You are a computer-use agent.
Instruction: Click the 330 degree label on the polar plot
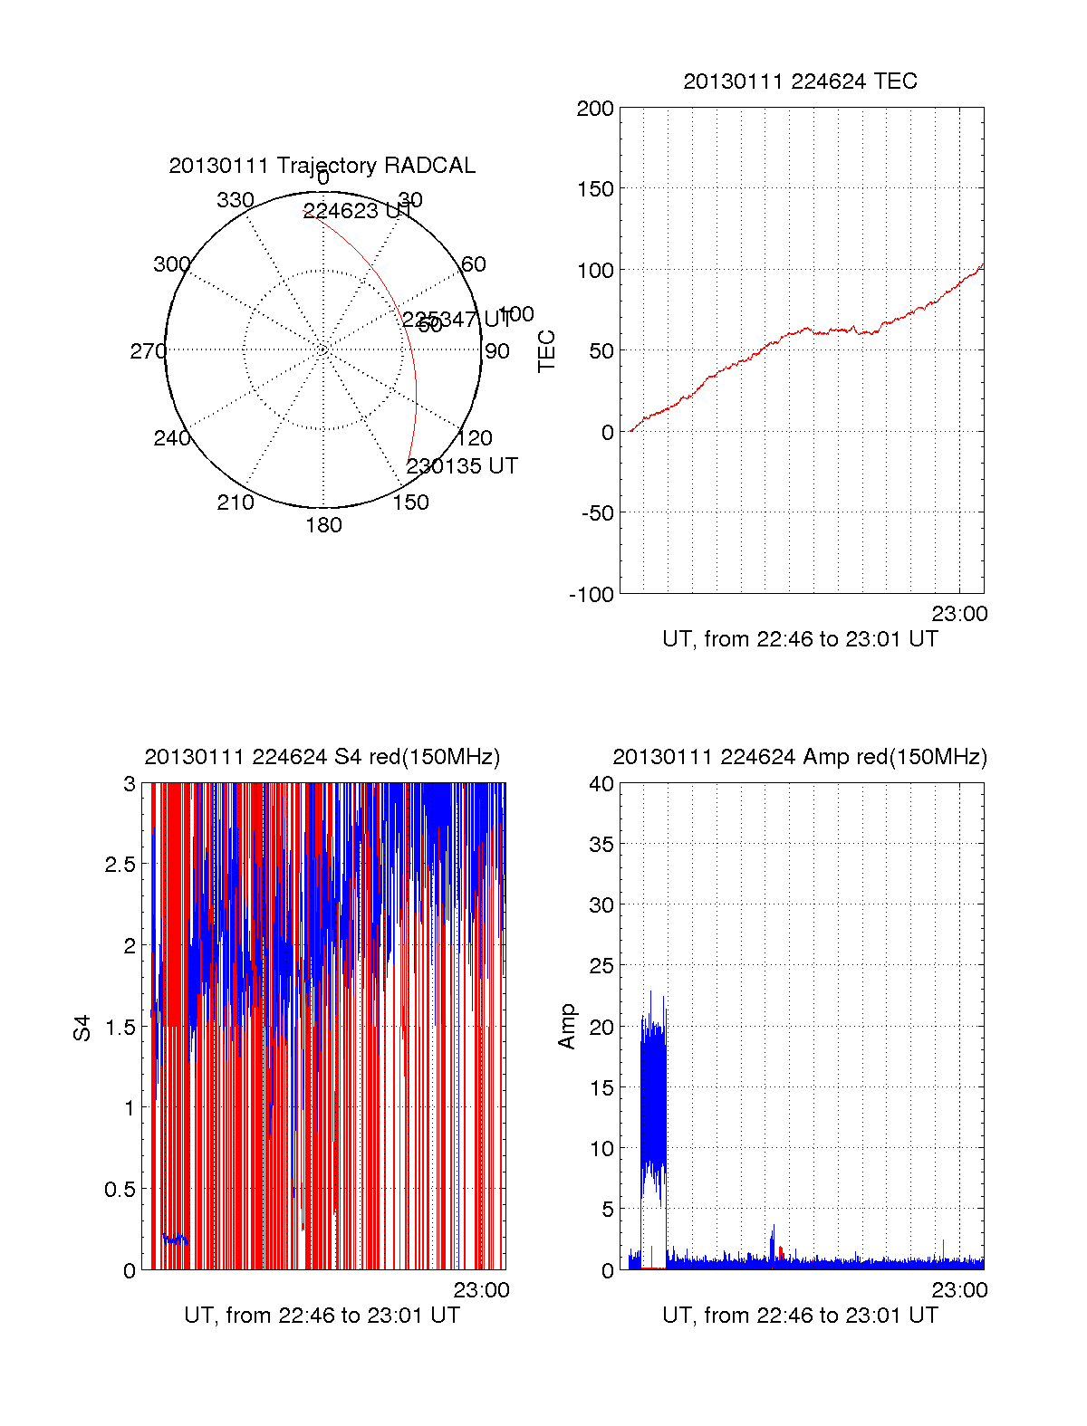pos(235,200)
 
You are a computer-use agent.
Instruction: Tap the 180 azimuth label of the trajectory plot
pos(323,525)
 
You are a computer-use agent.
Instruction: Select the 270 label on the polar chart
pos(148,351)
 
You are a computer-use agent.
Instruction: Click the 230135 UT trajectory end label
pos(462,466)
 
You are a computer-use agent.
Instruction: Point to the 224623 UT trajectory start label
pos(356,211)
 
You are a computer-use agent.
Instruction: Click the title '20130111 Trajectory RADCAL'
pos(322,166)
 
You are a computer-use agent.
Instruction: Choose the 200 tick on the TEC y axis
pos(595,110)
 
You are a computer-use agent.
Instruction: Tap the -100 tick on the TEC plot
pos(592,595)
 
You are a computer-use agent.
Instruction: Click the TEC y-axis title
pos(546,351)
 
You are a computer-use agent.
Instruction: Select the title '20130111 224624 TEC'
pos(800,81)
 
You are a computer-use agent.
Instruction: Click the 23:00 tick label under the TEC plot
pos(959,614)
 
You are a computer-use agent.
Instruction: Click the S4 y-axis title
pos(82,1028)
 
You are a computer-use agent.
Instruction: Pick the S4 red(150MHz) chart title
pos(322,757)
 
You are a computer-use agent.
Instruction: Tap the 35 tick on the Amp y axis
pos(601,845)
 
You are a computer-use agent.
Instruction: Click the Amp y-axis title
pos(567,1027)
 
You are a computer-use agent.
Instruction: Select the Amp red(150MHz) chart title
pos(800,757)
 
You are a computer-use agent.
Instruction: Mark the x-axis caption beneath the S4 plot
pos(322,1316)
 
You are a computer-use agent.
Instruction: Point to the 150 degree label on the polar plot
pos(410,502)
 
